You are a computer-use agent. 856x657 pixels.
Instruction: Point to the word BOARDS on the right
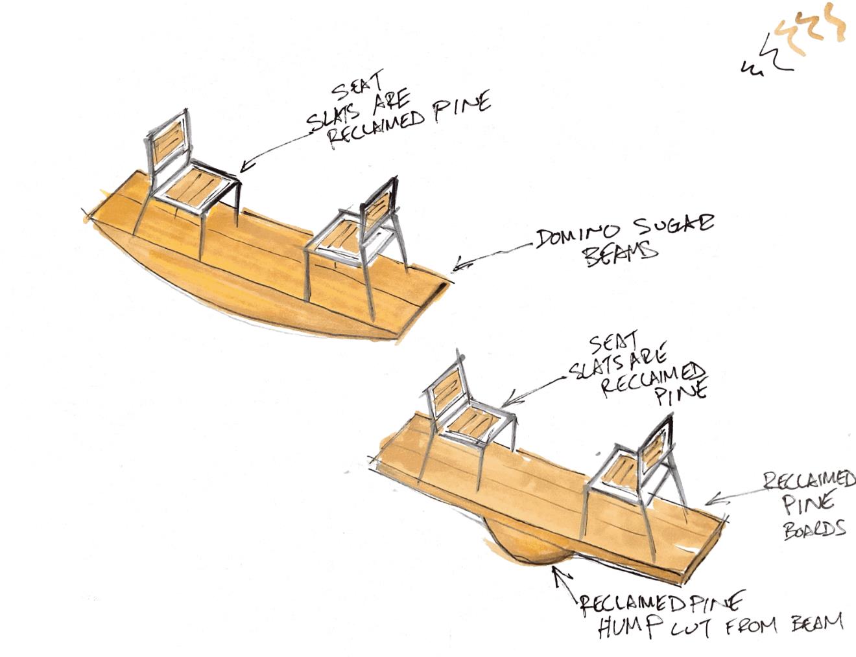(x=814, y=529)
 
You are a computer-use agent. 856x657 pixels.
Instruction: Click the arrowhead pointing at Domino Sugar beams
(x=455, y=266)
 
